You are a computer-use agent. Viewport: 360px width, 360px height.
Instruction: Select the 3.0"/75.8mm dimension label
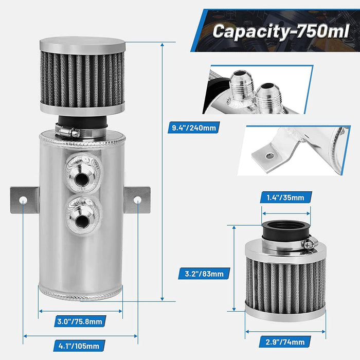point(81,322)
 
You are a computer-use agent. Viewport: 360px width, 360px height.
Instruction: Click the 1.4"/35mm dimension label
point(285,197)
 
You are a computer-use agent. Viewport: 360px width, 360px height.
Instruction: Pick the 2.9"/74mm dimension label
point(286,342)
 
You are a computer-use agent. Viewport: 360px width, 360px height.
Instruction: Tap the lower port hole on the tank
point(81,221)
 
